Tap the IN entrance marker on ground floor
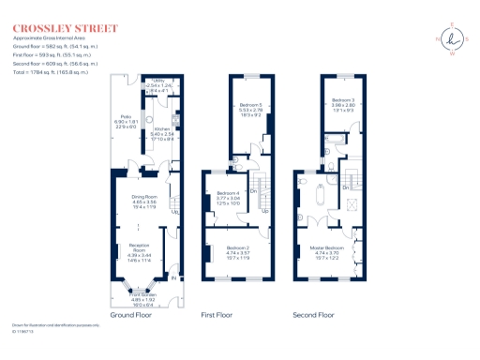(x=173, y=277)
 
